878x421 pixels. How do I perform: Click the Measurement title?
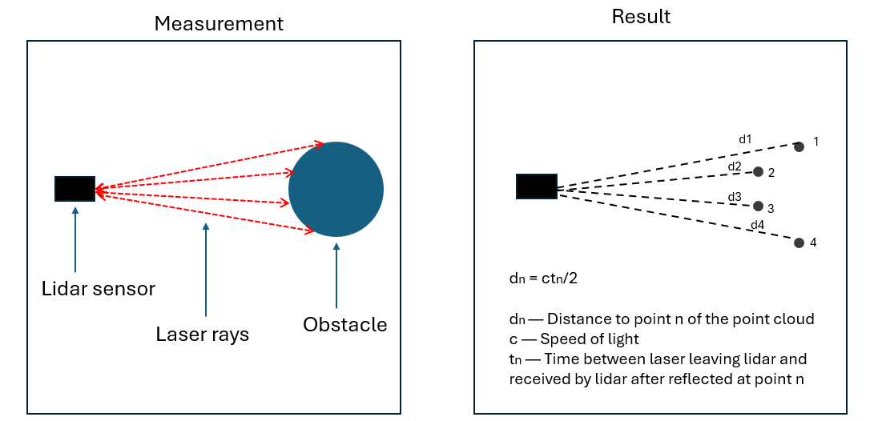click(219, 24)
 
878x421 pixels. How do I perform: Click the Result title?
click(641, 17)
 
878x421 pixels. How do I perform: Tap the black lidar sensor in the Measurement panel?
click(75, 189)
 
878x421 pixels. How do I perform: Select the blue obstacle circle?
click(336, 189)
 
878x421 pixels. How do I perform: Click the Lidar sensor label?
click(99, 288)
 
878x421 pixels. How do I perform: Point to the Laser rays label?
click(203, 334)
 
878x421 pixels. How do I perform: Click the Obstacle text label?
click(344, 324)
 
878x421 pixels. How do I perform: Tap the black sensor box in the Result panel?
click(537, 186)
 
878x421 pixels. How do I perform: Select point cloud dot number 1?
click(799, 146)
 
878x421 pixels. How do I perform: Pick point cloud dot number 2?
click(758, 171)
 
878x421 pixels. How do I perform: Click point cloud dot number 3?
click(758, 206)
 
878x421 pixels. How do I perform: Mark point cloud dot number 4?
click(799, 243)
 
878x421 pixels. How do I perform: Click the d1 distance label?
click(745, 139)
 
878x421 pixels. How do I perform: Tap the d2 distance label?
click(735, 166)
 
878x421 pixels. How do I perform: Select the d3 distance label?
click(735, 197)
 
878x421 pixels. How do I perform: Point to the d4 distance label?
click(757, 225)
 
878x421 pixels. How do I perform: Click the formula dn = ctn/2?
click(542, 279)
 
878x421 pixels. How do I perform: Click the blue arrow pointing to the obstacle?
click(336, 276)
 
